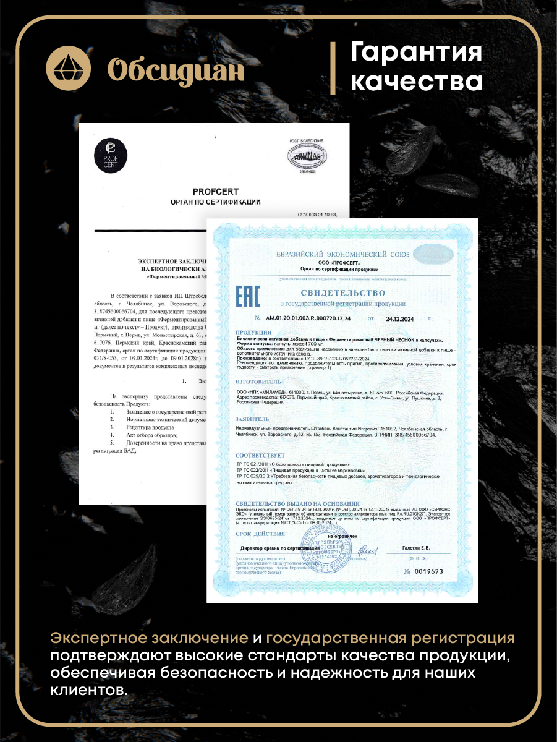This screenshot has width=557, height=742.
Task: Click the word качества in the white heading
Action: (x=416, y=81)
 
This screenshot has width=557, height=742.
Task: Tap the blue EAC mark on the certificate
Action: (x=248, y=297)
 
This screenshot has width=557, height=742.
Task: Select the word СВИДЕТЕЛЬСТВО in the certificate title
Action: (x=342, y=292)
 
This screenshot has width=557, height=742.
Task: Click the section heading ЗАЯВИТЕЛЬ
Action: (x=253, y=419)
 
